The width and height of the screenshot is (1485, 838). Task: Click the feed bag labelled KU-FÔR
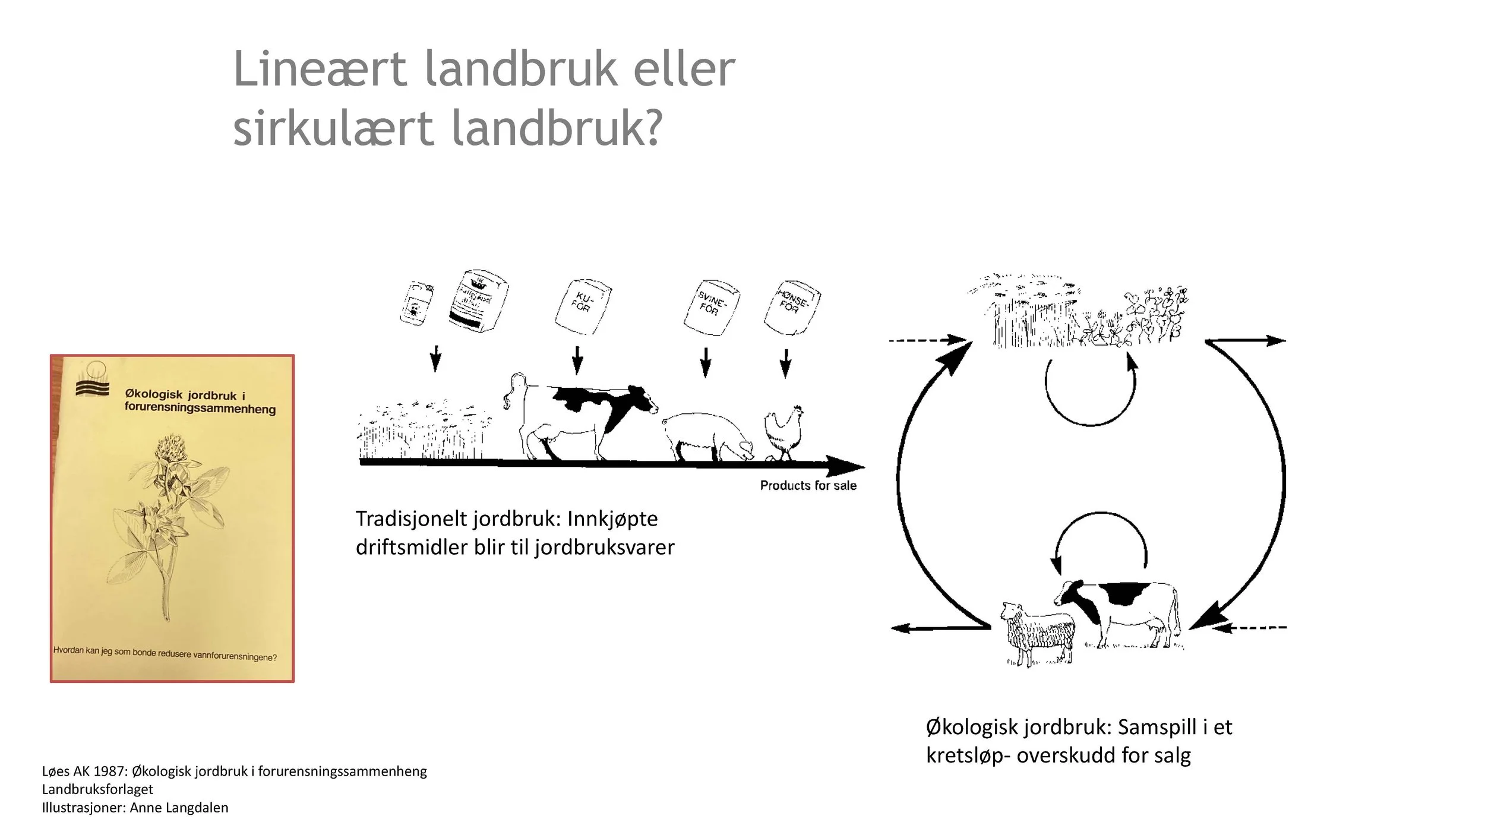point(582,307)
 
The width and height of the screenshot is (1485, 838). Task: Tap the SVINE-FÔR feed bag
point(711,308)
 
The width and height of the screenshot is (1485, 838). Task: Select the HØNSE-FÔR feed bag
point(791,307)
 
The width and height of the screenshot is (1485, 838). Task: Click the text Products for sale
point(808,486)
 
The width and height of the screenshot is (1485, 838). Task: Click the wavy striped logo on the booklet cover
point(93,387)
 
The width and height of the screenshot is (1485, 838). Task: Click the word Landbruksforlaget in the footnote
point(97,789)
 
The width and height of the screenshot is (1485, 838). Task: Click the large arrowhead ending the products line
point(843,466)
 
